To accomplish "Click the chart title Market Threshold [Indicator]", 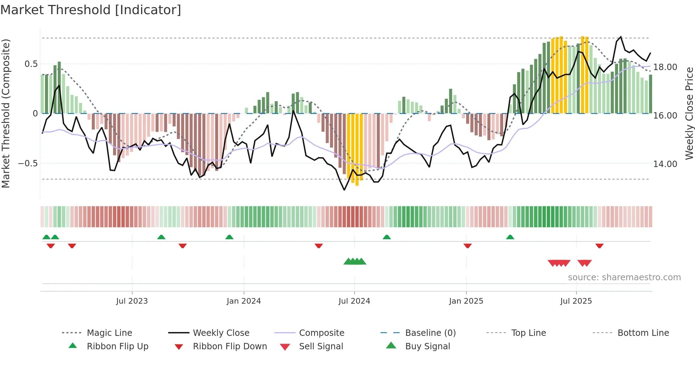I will point(91,10).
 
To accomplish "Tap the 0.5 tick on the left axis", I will point(31,64).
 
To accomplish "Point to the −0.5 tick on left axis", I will point(28,164).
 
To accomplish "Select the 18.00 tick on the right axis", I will point(665,67).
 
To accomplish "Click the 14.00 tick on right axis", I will point(665,164).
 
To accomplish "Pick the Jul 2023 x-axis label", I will point(132,301).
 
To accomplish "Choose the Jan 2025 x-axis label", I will point(466,301).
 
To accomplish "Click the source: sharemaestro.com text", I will point(624,277).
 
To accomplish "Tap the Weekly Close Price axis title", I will point(689,113).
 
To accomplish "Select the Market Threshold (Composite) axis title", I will point(6,113).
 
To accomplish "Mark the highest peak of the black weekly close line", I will point(621,36).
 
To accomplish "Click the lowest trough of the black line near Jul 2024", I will point(344,190).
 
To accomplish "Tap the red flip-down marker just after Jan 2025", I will point(468,246).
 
